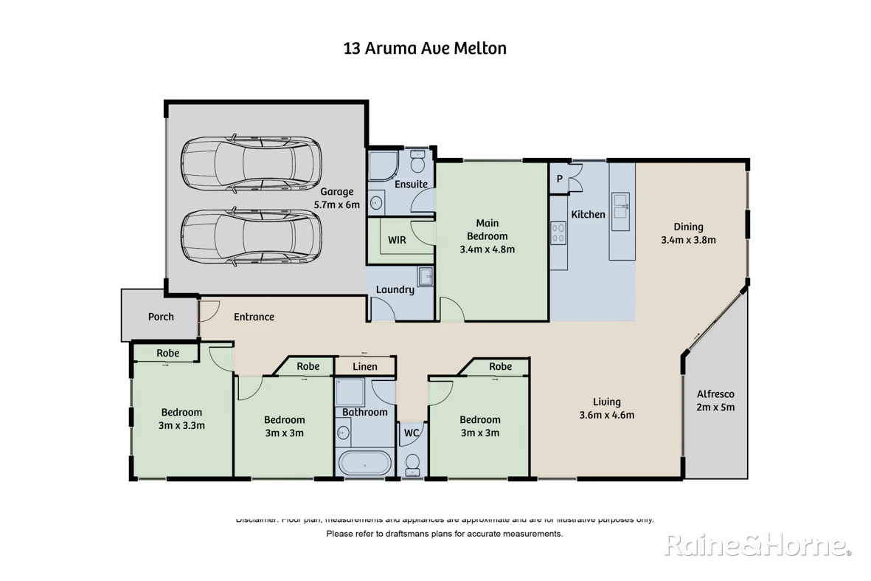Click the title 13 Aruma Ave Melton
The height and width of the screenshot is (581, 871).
(x=425, y=49)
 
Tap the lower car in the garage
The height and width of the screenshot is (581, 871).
(x=251, y=236)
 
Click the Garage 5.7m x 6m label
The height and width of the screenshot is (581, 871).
(x=337, y=199)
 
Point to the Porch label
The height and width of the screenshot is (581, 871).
(x=161, y=317)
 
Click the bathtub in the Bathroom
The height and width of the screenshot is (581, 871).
(x=366, y=464)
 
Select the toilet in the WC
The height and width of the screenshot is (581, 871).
(x=412, y=463)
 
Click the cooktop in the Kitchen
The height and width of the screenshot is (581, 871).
(x=558, y=233)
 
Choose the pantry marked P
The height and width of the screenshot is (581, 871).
(x=559, y=178)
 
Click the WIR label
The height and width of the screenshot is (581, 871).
(x=397, y=240)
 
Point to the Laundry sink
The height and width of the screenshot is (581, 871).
(x=426, y=277)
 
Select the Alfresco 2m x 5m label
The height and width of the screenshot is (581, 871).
(x=715, y=400)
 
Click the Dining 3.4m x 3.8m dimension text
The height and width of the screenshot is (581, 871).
(x=688, y=240)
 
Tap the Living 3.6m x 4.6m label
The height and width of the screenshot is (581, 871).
(x=606, y=408)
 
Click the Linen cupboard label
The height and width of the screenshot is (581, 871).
(x=364, y=366)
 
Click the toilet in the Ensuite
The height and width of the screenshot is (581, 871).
(x=417, y=162)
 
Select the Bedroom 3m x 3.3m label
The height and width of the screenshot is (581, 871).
(x=181, y=419)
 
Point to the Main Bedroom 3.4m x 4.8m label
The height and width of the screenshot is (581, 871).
(x=487, y=236)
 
